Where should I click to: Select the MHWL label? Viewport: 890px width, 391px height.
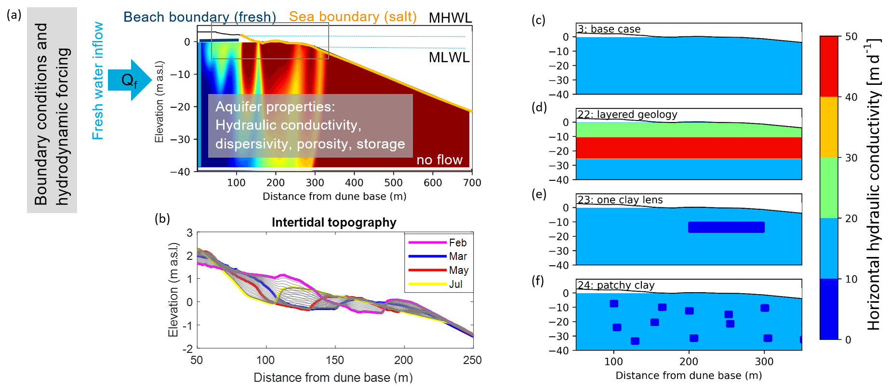[x=450, y=18]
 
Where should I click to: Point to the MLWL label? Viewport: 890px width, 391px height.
[x=449, y=57]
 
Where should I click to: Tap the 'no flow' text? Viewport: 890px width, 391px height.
[x=439, y=160]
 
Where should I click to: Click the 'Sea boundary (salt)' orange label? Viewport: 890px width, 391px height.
[x=353, y=16]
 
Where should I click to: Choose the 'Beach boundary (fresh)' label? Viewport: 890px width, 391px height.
[x=199, y=17]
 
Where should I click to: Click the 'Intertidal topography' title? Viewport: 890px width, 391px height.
[x=334, y=222]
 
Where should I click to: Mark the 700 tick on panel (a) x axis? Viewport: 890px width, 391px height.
[x=472, y=183]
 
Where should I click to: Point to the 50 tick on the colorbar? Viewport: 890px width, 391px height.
[x=851, y=37]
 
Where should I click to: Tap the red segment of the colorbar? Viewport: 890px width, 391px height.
[x=829, y=67]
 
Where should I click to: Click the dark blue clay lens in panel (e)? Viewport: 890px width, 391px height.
[x=726, y=227]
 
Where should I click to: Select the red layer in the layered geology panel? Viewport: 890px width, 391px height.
[x=689, y=148]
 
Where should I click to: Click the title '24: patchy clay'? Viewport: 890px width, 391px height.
[x=616, y=285]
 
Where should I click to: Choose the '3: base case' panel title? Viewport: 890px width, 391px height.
[x=609, y=29]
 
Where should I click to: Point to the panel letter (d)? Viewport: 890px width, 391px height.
[x=539, y=107]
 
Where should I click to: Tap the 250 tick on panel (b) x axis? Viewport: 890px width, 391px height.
[x=472, y=360]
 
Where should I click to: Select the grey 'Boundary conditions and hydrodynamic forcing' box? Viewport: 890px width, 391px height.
[x=52, y=110]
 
